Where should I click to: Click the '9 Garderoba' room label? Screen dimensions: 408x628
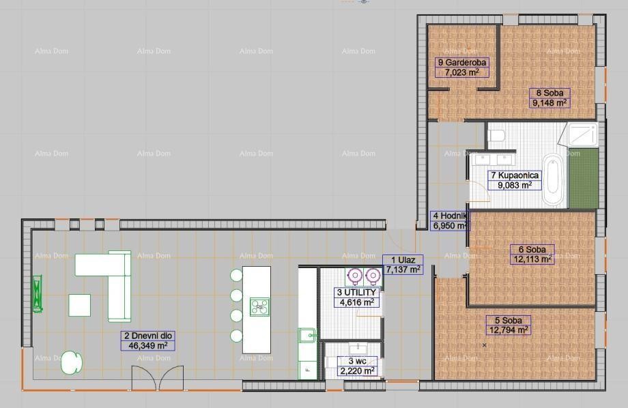pyautogui.click(x=461, y=62)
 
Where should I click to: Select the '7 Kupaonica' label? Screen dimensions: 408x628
pyautogui.click(x=515, y=175)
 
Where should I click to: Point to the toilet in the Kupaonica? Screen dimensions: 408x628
pyautogui.click(x=496, y=134)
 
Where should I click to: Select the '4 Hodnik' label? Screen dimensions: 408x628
pyautogui.click(x=449, y=216)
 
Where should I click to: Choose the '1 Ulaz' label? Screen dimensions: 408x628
pyautogui.click(x=403, y=260)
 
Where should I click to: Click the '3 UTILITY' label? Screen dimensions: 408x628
pyautogui.click(x=356, y=292)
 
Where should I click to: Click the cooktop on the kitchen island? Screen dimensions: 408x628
pyautogui.click(x=259, y=306)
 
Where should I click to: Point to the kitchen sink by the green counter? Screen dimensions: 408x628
pyautogui.click(x=307, y=334)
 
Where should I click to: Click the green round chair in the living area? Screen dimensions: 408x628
pyautogui.click(x=71, y=362)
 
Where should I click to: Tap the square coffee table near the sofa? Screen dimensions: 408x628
pyautogui.click(x=79, y=304)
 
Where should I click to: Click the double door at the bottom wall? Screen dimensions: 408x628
pyautogui.click(x=158, y=377)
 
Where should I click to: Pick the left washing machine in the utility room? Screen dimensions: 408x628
pyautogui.click(x=355, y=276)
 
